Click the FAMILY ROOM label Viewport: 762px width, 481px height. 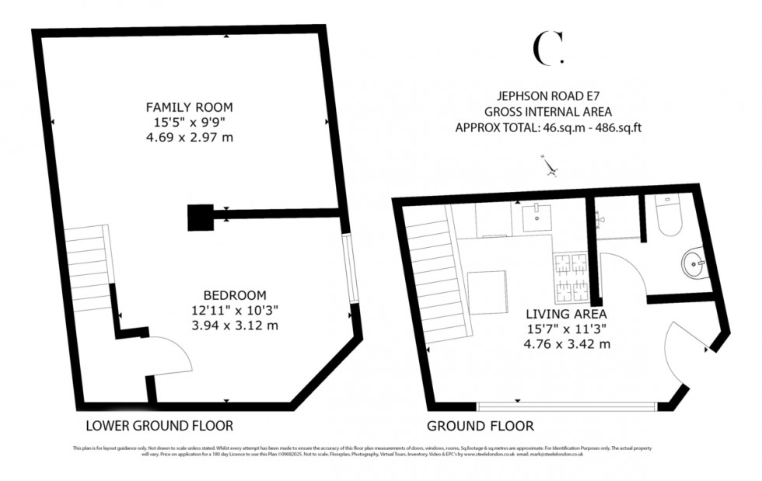pyautogui.click(x=190, y=106)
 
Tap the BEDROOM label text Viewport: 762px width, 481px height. pyautogui.click(x=235, y=295)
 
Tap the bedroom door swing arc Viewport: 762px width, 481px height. pyautogui.click(x=171, y=357)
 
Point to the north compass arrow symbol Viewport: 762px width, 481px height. pyautogui.click(x=551, y=166)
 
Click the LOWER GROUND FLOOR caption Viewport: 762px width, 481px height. pyautogui.click(x=159, y=426)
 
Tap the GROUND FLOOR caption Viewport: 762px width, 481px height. pyautogui.click(x=481, y=426)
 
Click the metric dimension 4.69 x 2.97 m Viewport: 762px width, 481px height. pyautogui.click(x=190, y=138)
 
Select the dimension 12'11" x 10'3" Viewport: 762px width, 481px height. pyautogui.click(x=235, y=310)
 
